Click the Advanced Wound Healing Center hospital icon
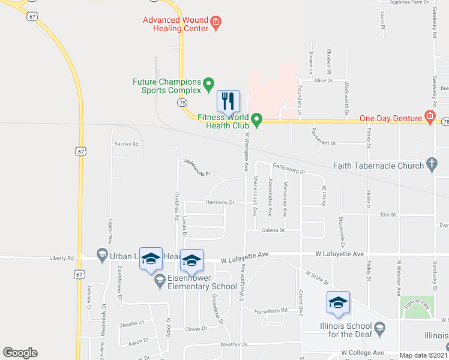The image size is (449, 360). pos(216,25)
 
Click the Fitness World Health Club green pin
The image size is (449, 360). pos(257,119)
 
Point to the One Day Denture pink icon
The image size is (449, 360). pos(430,118)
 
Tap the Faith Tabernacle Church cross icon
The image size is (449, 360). pos(430,164)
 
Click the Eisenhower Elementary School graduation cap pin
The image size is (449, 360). pos(160,280)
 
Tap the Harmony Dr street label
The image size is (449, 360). pos(220,203)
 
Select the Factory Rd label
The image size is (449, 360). pos(127,144)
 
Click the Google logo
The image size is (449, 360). pos(20,353)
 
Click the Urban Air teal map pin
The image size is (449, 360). pos(101,256)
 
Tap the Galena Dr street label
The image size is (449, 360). pos(272,230)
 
